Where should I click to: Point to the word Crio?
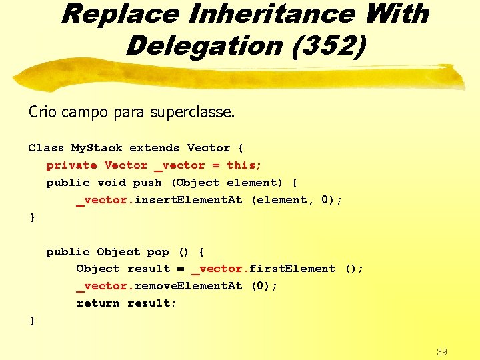coord(43,111)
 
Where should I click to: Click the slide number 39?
coord(441,351)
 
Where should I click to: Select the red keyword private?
coord(71,165)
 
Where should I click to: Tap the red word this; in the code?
coord(244,165)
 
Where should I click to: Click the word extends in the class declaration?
coord(154,148)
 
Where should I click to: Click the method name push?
coord(147,183)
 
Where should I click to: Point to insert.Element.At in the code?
coord(189,200)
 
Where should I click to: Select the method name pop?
coord(158,252)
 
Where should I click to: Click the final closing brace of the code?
coord(33,321)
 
